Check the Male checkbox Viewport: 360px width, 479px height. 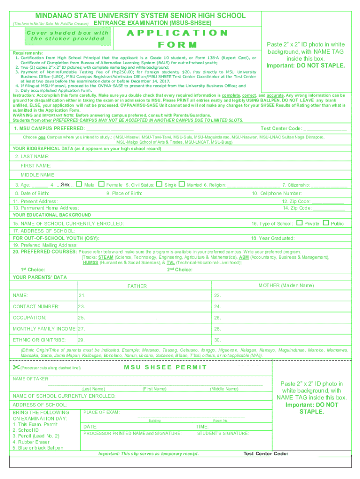pos(79,184)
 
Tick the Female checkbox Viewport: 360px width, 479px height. pos(101,184)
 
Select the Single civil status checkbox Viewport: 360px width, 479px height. pos(159,184)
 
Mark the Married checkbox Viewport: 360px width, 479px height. pos(181,184)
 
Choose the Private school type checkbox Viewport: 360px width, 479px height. pos(300,223)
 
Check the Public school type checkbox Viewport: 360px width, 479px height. pos(326,223)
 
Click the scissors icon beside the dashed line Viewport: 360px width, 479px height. pos(17,368)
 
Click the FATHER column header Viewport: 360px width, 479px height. pos(137,286)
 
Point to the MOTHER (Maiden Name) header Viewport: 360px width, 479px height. pos(286,285)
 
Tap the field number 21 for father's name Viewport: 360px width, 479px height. pos(82,296)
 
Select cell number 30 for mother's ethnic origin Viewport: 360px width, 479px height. pos(217,340)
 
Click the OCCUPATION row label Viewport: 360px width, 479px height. pos(29,318)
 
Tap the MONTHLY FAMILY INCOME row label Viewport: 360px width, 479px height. pos(44,329)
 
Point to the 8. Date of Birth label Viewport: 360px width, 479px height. pos(32,193)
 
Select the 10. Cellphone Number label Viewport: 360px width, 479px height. pos(277,193)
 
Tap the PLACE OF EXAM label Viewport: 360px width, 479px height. pos(101,412)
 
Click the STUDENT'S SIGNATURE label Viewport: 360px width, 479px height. pos(223,433)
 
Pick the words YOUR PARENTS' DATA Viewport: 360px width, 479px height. pos(40,277)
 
